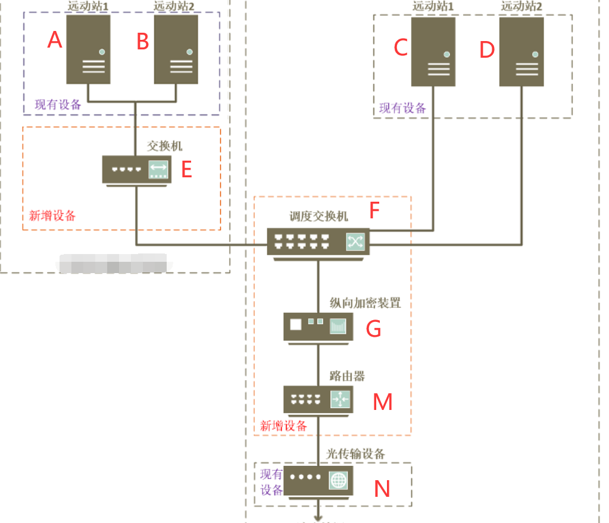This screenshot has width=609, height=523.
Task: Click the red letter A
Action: click(x=55, y=40)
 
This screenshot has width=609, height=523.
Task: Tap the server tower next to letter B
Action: click(x=176, y=49)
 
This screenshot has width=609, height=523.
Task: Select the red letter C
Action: click(x=401, y=48)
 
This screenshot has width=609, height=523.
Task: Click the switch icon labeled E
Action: click(x=136, y=170)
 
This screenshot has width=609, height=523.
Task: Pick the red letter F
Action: click(x=374, y=211)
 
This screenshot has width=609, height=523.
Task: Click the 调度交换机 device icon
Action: click(x=318, y=241)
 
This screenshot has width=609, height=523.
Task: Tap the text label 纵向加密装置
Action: click(x=365, y=303)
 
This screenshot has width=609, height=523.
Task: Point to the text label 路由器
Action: click(x=347, y=376)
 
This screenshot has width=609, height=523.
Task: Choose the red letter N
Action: click(x=382, y=489)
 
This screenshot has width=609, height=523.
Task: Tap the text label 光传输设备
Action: click(x=355, y=454)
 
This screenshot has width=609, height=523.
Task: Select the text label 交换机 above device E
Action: click(x=164, y=146)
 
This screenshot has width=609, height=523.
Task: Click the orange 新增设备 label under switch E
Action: click(x=52, y=215)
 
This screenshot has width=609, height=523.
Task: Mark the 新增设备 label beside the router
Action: click(x=284, y=426)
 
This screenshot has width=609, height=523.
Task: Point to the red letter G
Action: click(x=373, y=328)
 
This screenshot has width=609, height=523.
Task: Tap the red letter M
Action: click(x=382, y=402)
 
